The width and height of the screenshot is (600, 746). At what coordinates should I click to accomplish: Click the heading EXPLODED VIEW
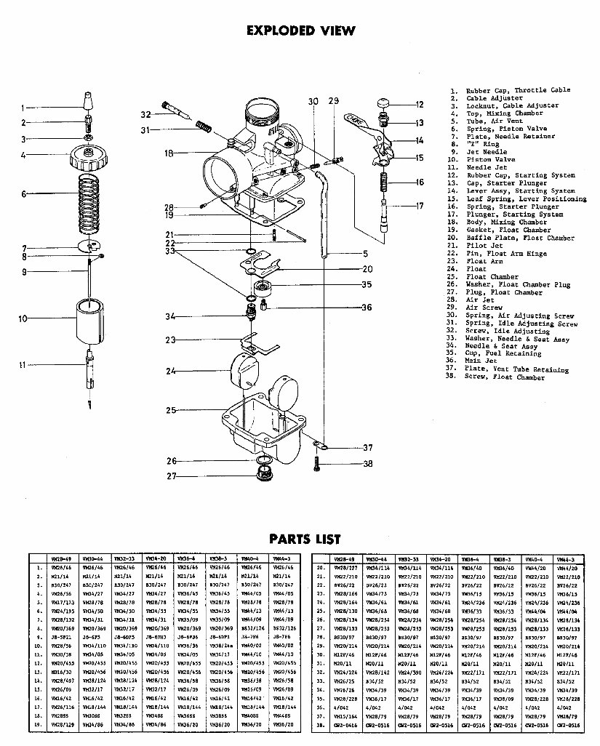click(301, 31)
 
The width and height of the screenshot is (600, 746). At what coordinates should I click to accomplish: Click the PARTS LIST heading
click(304, 539)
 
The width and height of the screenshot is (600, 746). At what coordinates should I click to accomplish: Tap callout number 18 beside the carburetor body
click(168, 153)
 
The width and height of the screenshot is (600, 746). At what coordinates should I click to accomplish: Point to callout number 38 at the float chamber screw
click(367, 463)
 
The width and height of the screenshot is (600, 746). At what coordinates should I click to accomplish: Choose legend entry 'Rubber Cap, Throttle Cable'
click(518, 90)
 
